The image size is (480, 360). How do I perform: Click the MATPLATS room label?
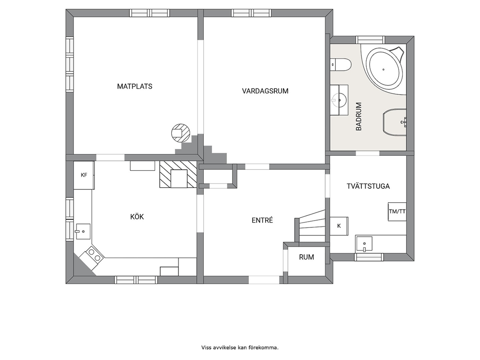click(135, 86)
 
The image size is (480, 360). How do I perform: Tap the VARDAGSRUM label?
click(265, 91)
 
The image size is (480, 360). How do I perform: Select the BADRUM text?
click(359, 117)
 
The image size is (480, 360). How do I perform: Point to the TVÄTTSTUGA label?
click(368, 186)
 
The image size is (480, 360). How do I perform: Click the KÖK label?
click(137, 217)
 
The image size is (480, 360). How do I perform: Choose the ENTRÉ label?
click(262, 220)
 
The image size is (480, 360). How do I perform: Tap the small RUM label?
click(306, 257)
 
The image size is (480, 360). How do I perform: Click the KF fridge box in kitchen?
click(84, 175)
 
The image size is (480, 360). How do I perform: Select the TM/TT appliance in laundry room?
click(397, 211)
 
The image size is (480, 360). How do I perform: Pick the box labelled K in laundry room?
click(339, 226)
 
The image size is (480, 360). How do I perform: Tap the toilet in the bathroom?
click(341, 64)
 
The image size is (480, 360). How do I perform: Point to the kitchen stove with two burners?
click(92, 256)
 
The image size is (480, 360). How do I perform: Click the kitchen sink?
click(83, 231)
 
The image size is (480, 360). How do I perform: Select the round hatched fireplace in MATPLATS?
click(180, 133)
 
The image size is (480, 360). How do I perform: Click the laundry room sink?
click(364, 244)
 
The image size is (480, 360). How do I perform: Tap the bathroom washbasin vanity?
click(339, 100)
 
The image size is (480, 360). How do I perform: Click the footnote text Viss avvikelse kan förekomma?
click(240, 347)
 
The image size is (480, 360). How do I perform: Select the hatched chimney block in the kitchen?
click(178, 174)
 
